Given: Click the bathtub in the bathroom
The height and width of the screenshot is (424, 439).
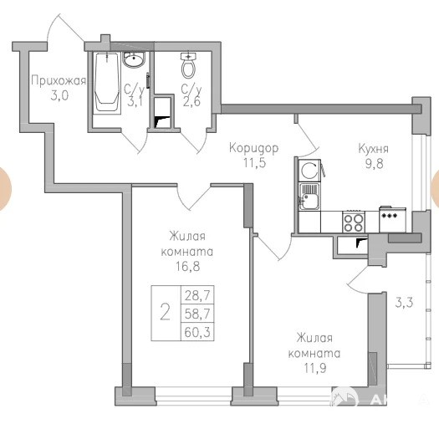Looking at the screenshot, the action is (x=106, y=83).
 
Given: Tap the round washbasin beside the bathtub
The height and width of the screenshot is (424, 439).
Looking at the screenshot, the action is (x=134, y=59).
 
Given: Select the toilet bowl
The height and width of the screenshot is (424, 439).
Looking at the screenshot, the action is (x=188, y=66).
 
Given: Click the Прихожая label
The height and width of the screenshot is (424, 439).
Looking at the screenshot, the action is (x=59, y=80).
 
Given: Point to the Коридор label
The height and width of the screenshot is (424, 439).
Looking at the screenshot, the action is (x=253, y=147).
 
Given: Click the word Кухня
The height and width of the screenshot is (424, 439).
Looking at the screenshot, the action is (x=374, y=149).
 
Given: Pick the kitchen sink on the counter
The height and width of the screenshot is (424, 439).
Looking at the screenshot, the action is (x=309, y=197).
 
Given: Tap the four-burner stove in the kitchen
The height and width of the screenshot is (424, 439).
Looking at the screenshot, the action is (x=354, y=222).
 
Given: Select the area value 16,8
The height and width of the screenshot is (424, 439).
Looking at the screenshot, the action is (x=187, y=266).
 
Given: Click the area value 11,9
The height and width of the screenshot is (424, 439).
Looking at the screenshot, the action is (x=315, y=368).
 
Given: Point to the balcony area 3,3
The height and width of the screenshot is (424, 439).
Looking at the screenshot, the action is (x=404, y=303).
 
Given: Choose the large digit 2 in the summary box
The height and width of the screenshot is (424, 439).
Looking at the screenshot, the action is (x=166, y=313).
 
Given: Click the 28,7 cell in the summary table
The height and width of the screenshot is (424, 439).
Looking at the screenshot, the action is (x=197, y=295).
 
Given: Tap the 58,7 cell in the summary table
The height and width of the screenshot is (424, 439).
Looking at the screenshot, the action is (x=197, y=314).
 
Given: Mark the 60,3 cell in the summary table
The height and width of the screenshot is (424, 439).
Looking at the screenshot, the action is (x=197, y=332).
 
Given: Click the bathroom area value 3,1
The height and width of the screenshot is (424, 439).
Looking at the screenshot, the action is (x=135, y=102).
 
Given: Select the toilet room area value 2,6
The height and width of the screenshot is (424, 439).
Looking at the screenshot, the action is (x=191, y=101).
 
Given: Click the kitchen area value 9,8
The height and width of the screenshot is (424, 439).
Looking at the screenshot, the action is (x=374, y=164).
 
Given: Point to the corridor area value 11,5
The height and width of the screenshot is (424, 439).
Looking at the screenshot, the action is (x=254, y=162).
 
